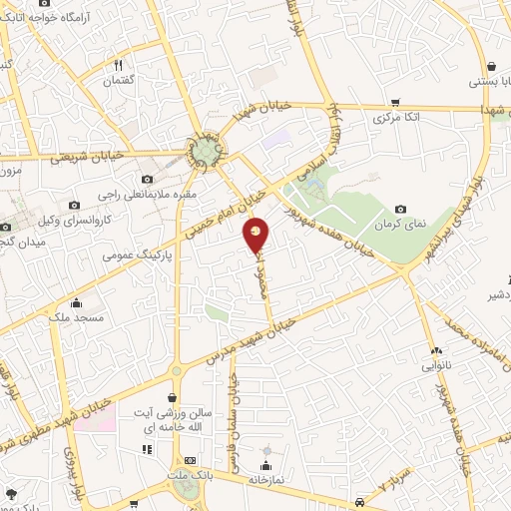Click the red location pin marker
click(256, 234)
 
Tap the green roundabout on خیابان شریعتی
click(207, 151)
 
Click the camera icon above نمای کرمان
click(400, 209)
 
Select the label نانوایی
click(439, 366)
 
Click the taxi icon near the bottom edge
click(358, 502)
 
